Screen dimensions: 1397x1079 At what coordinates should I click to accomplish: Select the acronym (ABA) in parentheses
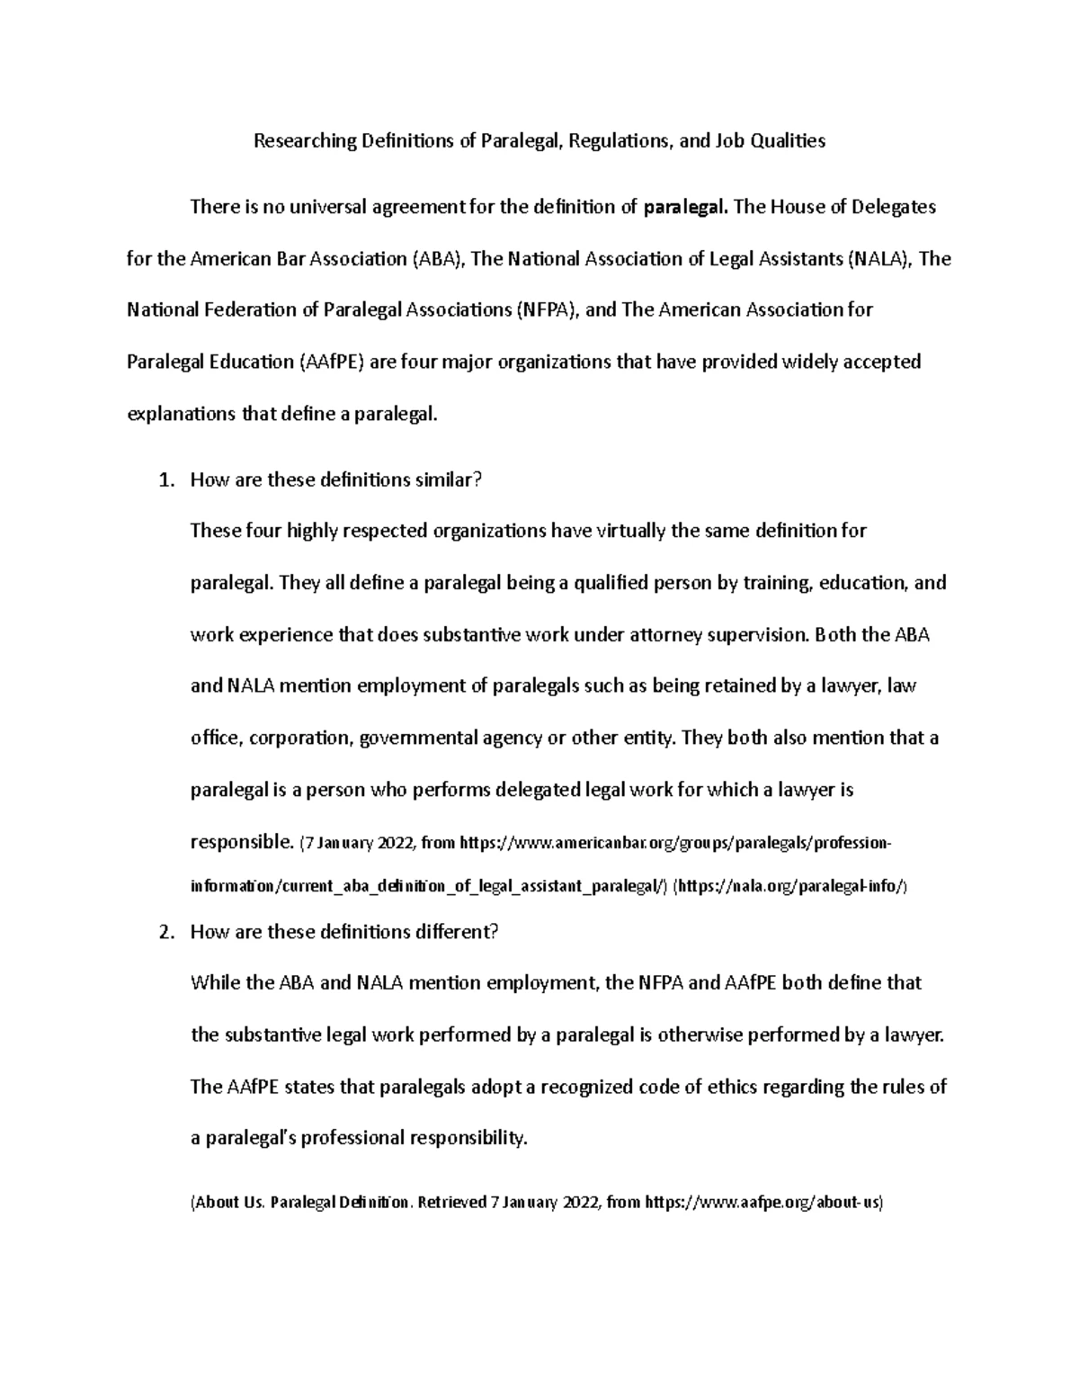click(x=438, y=259)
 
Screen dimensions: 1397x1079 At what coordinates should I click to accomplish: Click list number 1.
click(x=164, y=480)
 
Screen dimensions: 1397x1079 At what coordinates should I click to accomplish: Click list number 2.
click(x=164, y=932)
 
